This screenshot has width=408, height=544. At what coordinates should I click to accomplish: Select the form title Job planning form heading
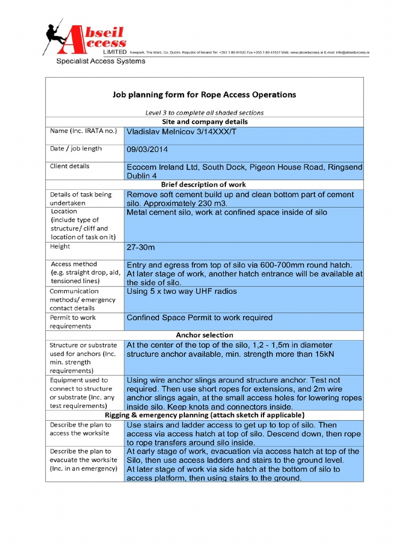204,95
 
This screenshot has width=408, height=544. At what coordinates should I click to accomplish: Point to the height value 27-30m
141,248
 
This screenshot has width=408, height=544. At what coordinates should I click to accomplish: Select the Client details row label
70,166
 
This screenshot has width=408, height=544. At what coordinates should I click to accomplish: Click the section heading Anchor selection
204,335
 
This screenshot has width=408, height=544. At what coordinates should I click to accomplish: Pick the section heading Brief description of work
204,184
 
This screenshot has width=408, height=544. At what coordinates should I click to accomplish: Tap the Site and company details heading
204,121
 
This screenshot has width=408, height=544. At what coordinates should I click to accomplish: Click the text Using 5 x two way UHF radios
182,291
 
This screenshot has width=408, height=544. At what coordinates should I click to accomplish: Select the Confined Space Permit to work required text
199,318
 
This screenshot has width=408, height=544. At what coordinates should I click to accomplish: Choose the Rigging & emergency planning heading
204,414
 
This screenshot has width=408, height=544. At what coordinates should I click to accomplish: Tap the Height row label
60,246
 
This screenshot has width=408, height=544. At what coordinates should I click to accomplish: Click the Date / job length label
75,149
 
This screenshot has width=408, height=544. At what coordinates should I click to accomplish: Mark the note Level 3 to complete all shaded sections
204,112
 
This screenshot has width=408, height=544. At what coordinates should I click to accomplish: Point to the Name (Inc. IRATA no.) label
83,131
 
